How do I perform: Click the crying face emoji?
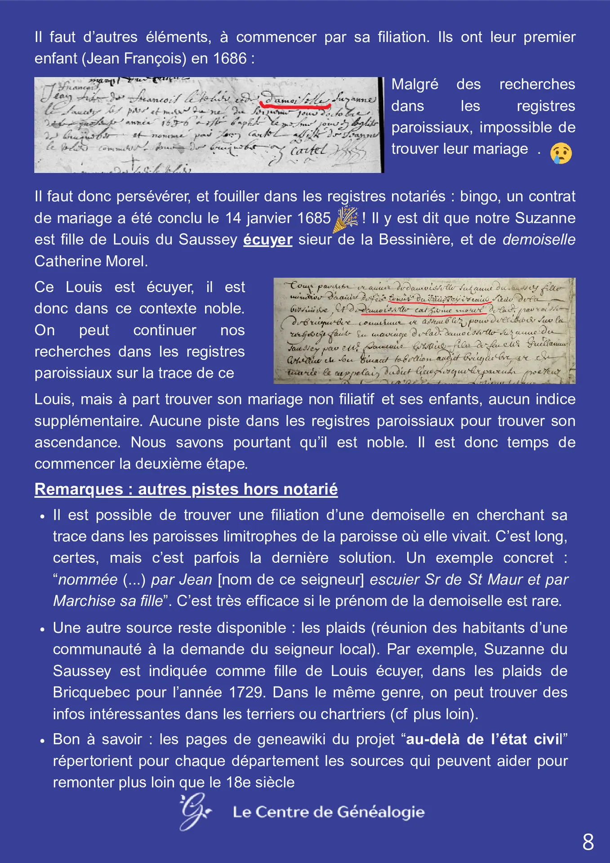[x=561, y=153]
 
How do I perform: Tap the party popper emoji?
[x=345, y=219]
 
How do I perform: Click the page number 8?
[x=588, y=841]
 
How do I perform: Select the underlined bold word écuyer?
[x=267, y=240]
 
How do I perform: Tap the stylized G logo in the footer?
[x=195, y=811]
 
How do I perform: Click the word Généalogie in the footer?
[x=380, y=812]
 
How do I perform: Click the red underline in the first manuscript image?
[x=295, y=103]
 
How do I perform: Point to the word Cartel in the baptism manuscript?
[x=308, y=150]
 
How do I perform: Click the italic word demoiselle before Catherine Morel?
[x=539, y=240]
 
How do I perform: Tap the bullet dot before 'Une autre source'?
[x=42, y=629]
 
